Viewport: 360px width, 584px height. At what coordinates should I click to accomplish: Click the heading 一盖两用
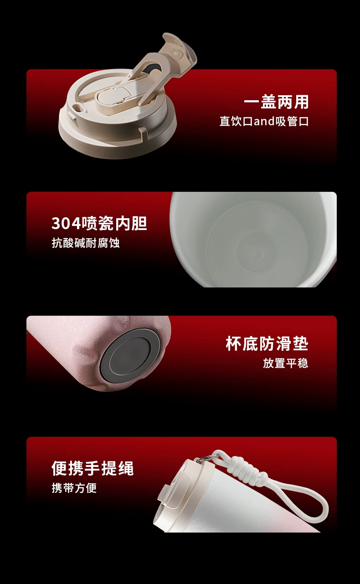coord(277,102)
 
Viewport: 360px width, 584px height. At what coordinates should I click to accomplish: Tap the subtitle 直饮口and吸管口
coord(264,122)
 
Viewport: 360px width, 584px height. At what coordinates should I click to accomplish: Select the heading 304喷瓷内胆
coord(99,223)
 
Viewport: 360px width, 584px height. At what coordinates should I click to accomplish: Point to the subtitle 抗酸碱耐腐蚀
coord(86,243)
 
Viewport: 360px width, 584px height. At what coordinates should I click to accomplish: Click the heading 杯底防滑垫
coord(267,343)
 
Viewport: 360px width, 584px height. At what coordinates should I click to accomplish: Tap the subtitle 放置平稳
coord(286,363)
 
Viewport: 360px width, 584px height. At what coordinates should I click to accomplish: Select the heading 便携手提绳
coord(93,468)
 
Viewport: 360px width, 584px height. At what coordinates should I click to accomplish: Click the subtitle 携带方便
coord(74,488)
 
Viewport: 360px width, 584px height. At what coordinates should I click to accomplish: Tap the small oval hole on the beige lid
coord(77,107)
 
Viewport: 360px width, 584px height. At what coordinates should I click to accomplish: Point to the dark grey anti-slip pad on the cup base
coord(130,356)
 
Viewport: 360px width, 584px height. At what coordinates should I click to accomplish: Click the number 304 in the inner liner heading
coord(66,224)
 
